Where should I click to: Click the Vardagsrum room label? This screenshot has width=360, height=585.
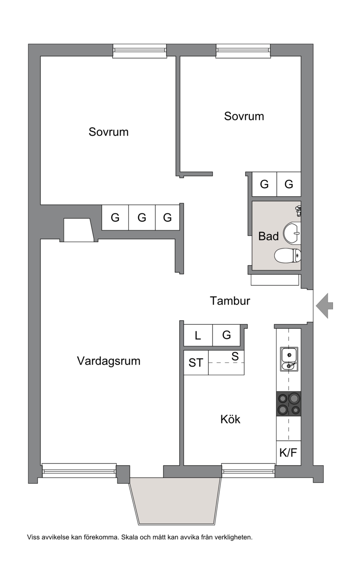click(108, 361)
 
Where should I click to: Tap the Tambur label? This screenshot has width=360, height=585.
click(230, 301)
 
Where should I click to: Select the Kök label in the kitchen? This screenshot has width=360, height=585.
click(230, 419)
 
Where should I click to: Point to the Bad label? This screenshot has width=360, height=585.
click(269, 236)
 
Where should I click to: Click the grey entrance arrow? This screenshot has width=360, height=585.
click(324, 306)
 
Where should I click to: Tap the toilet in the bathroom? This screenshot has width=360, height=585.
click(288, 256)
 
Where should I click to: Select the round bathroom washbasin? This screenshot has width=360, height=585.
click(292, 233)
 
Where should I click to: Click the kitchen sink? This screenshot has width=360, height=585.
click(289, 359)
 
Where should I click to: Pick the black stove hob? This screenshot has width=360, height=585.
click(288, 404)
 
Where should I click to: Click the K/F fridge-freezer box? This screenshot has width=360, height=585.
click(288, 453)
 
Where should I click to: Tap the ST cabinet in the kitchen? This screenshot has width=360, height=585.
click(196, 363)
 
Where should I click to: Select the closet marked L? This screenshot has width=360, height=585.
click(198, 335)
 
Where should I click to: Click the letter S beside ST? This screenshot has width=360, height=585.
click(235, 357)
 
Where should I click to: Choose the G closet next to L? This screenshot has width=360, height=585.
click(226, 335)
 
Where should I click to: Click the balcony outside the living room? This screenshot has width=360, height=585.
click(175, 501)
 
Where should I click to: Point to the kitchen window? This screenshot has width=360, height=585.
click(248, 471)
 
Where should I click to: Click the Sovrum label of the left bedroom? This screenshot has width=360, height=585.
click(108, 132)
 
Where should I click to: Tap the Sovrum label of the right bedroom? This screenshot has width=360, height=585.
click(244, 116)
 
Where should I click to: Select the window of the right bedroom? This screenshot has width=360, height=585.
click(243, 51)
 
